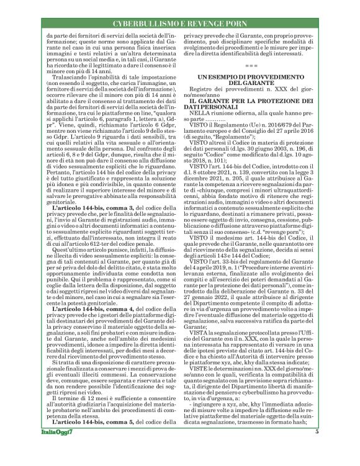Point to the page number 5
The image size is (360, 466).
[317, 450]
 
